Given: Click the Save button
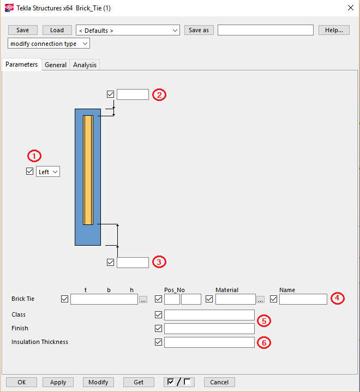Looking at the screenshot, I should (22, 30).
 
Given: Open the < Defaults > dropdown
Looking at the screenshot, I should (128, 30).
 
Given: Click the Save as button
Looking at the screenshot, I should (199, 30).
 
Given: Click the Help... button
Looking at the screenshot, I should (334, 30).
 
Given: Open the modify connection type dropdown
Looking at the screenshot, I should (49, 44).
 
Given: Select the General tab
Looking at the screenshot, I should (56, 65).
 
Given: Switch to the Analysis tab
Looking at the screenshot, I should (85, 65).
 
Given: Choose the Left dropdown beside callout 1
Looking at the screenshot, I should (48, 171).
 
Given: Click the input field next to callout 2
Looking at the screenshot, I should (133, 94).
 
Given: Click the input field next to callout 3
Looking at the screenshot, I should (133, 263).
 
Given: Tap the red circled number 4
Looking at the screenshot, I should (338, 298).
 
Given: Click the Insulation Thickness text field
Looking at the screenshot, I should (209, 342).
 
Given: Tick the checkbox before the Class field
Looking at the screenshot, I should (159, 315).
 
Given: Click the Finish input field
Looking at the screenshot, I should (209, 329).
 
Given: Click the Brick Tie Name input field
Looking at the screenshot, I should (303, 299).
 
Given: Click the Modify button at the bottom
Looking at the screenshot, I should (98, 382).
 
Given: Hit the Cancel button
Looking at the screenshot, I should (219, 382).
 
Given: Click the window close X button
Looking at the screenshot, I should (350, 8).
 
